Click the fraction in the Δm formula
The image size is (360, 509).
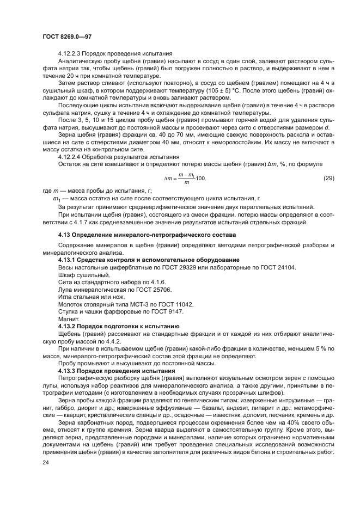tap(187, 178)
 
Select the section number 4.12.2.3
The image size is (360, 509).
tap(72, 53)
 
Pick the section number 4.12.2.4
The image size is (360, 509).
tap(72, 156)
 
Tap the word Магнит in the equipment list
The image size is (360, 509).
tap(69, 319)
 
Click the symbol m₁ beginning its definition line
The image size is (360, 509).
tap(54, 199)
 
